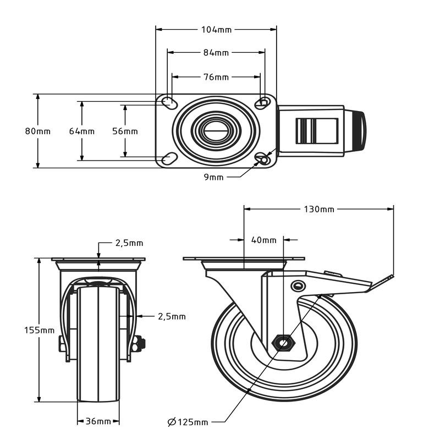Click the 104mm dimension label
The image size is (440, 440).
click(217, 29)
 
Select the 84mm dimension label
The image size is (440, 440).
click(216, 53)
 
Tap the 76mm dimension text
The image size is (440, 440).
click(216, 77)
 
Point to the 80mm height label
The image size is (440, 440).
click(37, 131)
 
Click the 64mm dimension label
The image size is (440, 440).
click(81, 131)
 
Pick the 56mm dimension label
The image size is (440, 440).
click(125, 131)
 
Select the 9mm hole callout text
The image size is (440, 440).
click(213, 177)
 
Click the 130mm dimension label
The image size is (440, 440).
click(318, 209)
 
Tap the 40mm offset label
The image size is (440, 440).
click(263, 240)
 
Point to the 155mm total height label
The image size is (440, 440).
click(40, 330)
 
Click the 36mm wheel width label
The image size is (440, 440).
click(98, 421)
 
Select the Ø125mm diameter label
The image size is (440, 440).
click(188, 422)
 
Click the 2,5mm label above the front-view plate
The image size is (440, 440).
click(129, 243)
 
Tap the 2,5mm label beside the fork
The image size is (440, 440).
click(172, 316)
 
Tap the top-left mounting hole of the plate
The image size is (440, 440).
click(168, 102)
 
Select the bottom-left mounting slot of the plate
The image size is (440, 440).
click(169, 159)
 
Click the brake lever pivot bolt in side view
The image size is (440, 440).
click(298, 285)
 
